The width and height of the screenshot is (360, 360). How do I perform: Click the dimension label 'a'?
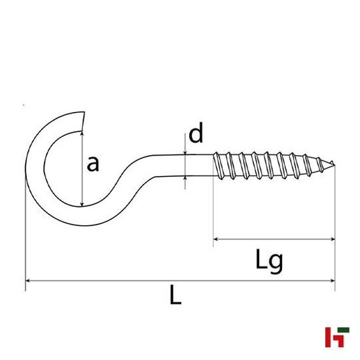93,164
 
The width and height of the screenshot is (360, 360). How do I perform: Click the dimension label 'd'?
196,135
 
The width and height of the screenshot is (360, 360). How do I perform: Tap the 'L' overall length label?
175,297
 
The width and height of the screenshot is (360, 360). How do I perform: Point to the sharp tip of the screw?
334,163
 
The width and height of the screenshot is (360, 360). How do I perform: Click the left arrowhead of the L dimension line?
27,281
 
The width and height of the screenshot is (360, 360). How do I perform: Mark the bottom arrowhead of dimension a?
82,203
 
